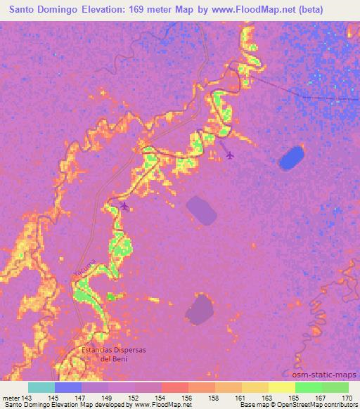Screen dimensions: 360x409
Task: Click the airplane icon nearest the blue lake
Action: click(230, 155)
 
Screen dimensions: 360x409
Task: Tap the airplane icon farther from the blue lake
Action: click(125, 206)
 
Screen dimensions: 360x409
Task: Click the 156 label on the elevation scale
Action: click(188, 397)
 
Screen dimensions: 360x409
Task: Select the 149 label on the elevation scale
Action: click(108, 397)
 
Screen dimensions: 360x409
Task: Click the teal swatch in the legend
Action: click(41, 387)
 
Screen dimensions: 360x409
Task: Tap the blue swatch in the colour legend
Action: click(68, 387)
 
